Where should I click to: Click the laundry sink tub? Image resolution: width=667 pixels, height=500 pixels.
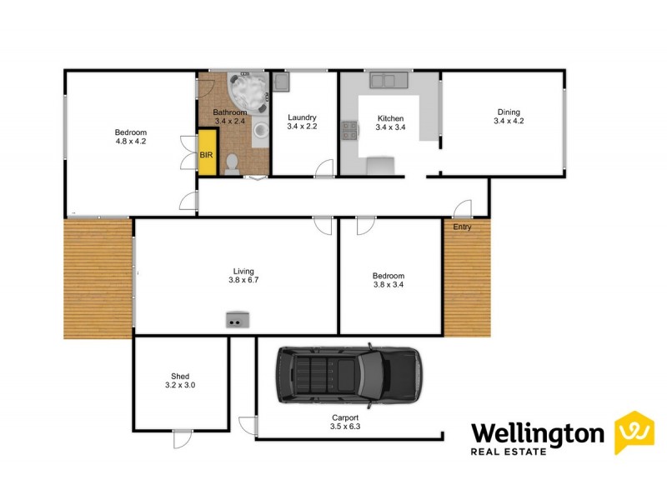coord(281,82)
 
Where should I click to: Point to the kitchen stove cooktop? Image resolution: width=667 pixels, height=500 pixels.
coord(349,130)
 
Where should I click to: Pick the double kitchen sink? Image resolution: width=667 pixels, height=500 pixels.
coord(385,80)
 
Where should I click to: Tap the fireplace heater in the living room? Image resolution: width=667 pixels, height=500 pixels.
coord(238,318)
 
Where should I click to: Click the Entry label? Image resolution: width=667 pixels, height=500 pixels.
coord(462,227)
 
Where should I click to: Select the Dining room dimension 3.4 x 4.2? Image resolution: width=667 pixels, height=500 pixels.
coord(509,122)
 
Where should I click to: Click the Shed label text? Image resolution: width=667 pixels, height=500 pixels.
coord(181,376)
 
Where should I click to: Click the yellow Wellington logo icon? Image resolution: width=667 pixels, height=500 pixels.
coord(633,432)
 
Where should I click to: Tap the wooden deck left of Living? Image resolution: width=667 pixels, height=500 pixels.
coord(98,277)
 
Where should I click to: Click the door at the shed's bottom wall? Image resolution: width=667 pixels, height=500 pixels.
coord(180,437)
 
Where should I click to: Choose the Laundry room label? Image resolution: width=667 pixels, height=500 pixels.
coord(303,117)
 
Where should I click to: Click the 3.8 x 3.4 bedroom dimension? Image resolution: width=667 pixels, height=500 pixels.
coord(389,285)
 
